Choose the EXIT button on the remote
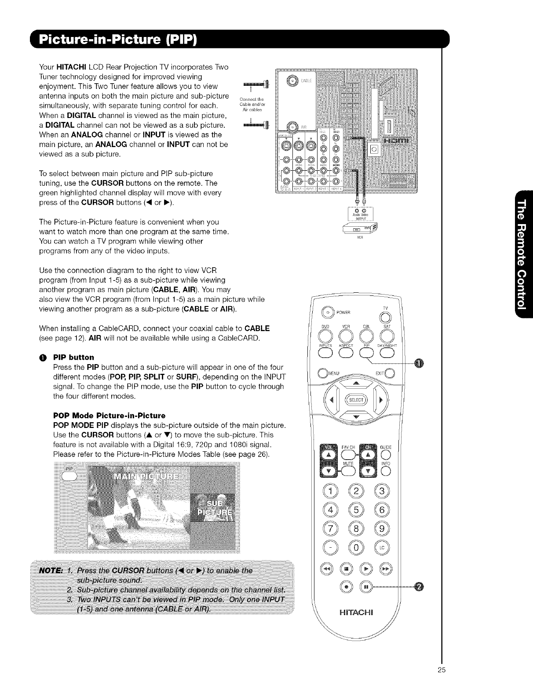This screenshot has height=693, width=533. [391, 375]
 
